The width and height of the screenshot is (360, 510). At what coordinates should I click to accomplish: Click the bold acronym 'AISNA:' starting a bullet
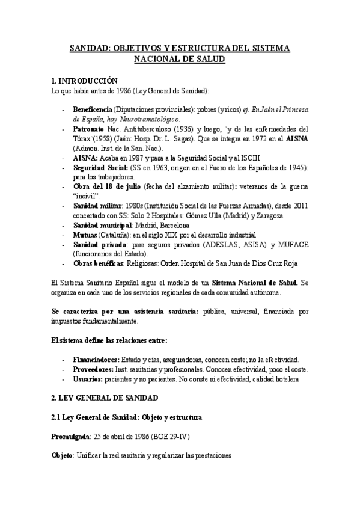coord(85,156)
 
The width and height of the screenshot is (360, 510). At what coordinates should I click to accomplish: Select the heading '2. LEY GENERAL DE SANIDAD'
coord(104,398)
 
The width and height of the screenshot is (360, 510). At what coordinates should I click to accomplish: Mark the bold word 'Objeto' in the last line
coord(62,456)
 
